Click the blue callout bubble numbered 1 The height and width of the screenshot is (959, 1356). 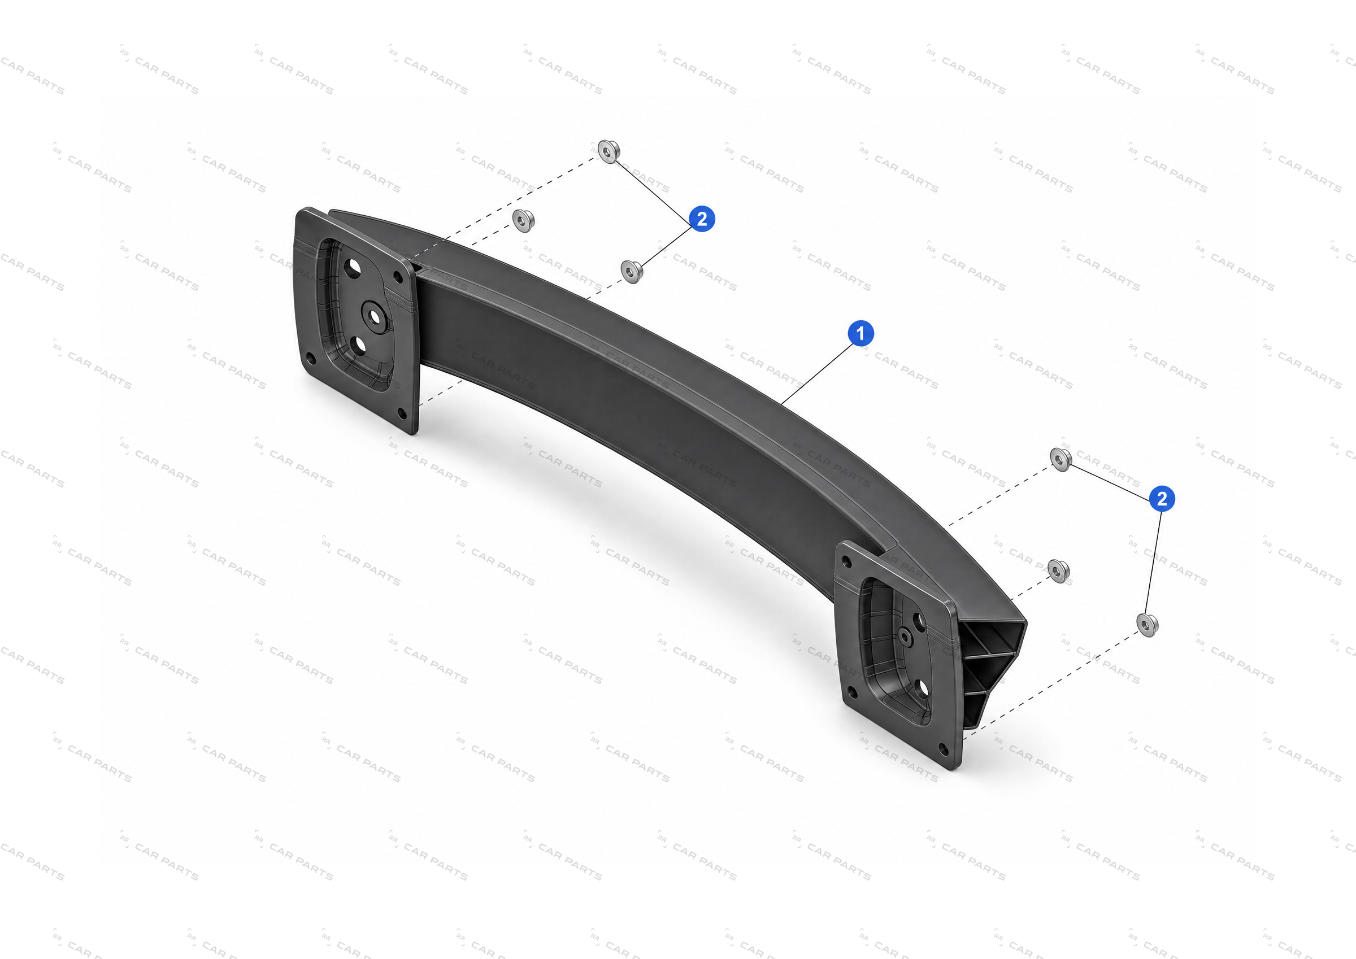(x=860, y=334)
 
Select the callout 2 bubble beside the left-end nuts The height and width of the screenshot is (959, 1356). (x=702, y=219)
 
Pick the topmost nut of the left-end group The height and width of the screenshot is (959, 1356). (x=609, y=151)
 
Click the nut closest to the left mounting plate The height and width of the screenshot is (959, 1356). (x=523, y=220)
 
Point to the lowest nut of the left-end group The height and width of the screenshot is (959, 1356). (x=632, y=272)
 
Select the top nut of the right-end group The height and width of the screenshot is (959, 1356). (x=1061, y=459)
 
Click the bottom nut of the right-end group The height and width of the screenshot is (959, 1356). (x=1147, y=625)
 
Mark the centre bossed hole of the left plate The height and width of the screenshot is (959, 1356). (x=374, y=314)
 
